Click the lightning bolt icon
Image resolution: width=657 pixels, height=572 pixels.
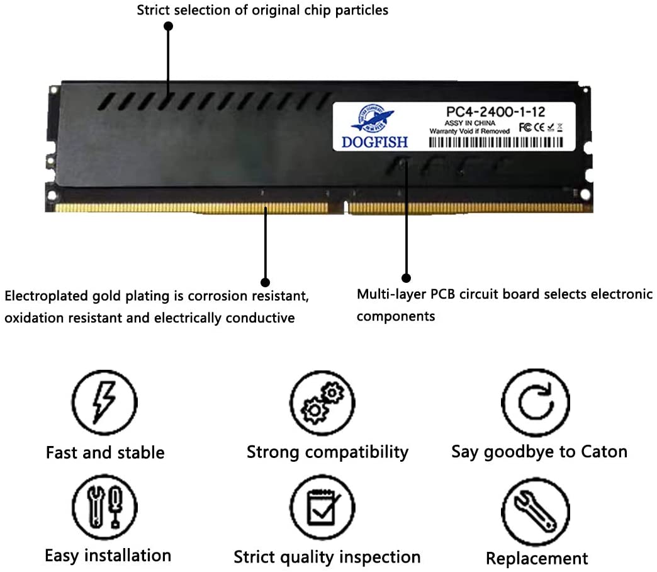104,401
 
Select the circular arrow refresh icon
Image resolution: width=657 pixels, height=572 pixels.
536,402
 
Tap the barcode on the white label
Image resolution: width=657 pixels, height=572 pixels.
496,142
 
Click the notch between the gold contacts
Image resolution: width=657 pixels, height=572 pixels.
345,205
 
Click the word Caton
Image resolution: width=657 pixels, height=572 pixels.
604,452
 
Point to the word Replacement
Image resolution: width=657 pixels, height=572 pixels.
536,558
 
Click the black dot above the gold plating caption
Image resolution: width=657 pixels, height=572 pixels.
265,282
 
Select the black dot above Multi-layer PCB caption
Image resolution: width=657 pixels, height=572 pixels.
406,278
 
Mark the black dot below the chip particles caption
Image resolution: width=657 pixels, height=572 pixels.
168,26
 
